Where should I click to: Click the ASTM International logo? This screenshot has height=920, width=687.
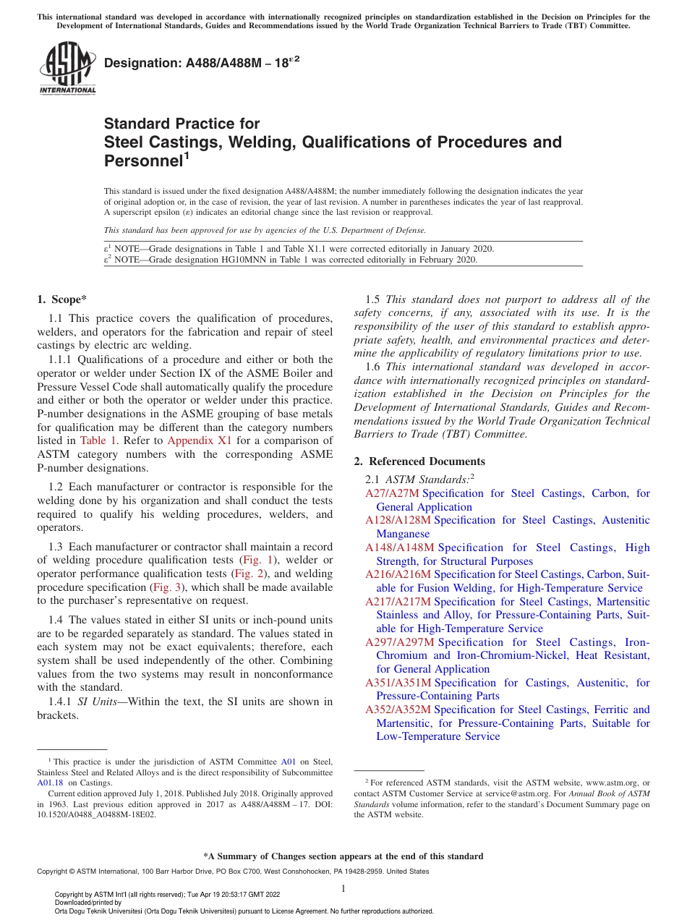point(67,68)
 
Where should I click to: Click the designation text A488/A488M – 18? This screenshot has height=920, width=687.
point(202,64)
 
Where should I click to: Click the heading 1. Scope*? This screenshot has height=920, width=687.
point(62,299)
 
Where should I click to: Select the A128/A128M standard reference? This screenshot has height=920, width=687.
point(398,520)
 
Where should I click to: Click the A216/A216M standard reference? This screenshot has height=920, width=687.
point(398,574)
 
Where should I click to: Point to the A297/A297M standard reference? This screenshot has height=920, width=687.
point(398,642)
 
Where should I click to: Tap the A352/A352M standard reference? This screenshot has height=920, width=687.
point(398,710)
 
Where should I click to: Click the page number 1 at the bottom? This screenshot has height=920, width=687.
point(343,889)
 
